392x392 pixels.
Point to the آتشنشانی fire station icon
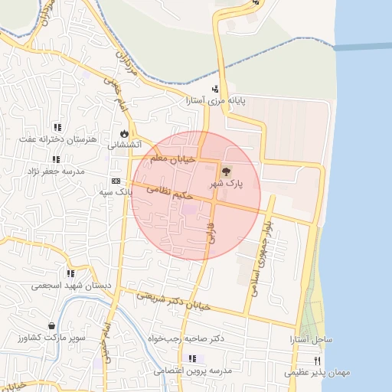[122, 132]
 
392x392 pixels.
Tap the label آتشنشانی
[123, 144]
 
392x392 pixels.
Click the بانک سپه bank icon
[116, 181]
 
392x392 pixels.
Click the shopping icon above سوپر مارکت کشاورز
[51, 325]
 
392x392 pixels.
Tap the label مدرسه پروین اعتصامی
[198, 371]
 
